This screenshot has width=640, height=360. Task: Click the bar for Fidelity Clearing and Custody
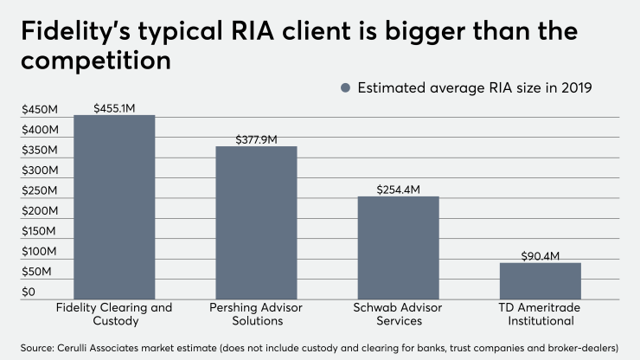tap(114, 208)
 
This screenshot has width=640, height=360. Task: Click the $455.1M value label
tap(114, 108)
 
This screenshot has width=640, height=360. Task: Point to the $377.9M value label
tap(256, 139)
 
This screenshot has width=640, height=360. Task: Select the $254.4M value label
tap(398, 190)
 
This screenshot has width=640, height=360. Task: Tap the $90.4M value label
tap(540, 256)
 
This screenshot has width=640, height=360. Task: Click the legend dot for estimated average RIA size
tap(346, 87)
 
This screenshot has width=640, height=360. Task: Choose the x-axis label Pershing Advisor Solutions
tap(256, 314)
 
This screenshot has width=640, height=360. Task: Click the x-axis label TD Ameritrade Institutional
tap(540, 314)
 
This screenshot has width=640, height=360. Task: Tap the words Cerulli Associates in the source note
tap(93, 347)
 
